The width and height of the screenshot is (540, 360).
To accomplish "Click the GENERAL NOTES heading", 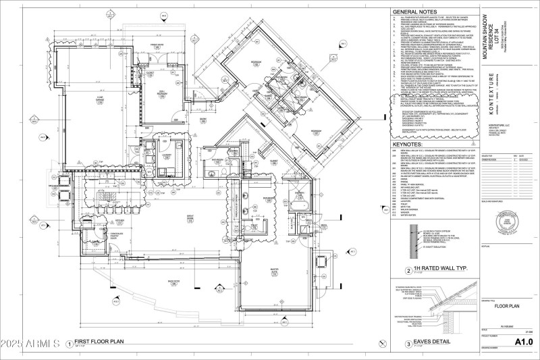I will click(x=416, y=12).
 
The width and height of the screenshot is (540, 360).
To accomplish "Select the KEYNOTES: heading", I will click(x=411, y=163).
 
